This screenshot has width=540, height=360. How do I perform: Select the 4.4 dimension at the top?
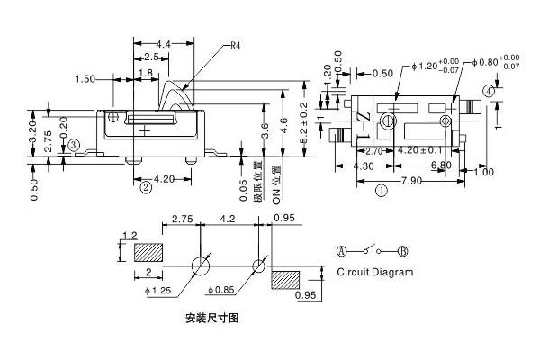click(164, 44)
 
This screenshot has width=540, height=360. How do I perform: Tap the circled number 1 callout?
click(382, 190)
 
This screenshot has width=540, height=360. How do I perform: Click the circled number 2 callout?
click(145, 187)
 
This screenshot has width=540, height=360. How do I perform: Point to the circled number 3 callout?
click(75, 144)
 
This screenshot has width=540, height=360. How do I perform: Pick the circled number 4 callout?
click(488, 91)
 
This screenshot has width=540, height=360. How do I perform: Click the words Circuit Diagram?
click(375, 272)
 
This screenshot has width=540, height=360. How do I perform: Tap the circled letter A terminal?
click(342, 250)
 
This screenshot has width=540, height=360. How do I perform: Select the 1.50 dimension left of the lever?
click(86, 79)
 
